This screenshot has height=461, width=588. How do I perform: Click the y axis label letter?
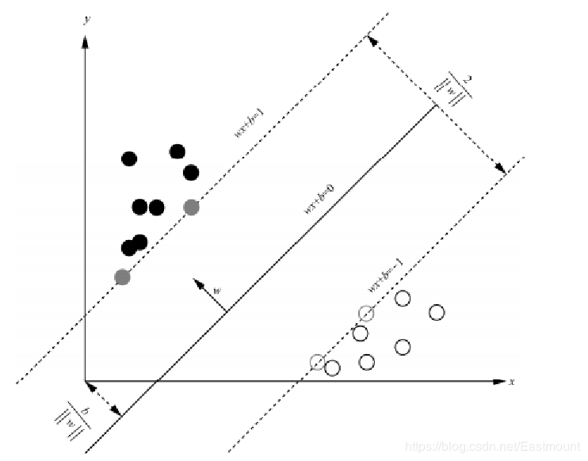[85, 20]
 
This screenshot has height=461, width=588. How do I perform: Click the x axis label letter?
[512, 382]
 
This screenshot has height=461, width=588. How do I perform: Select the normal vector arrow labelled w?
[209, 295]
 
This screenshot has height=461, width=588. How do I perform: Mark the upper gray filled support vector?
[191, 207]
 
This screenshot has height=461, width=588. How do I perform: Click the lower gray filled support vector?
[122, 276]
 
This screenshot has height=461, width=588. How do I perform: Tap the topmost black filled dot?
[178, 151]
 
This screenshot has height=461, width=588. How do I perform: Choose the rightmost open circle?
[437, 312]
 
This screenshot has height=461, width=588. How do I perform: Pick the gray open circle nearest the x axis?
[317, 362]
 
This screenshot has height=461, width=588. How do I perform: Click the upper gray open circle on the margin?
[365, 313]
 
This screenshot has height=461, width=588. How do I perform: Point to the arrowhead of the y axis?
[85, 40]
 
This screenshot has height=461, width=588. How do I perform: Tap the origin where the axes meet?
[85, 382]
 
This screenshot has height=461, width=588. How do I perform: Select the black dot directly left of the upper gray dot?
[156, 208]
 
